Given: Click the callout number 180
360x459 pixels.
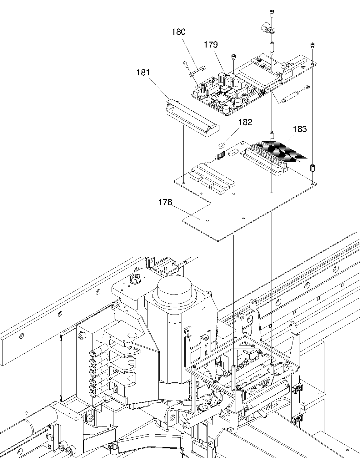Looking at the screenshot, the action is (x=178, y=32).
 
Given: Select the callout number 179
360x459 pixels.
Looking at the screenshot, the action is (x=211, y=45).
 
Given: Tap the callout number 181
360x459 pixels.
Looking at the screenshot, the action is (x=143, y=73).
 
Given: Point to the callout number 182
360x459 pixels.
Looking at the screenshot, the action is (x=245, y=122).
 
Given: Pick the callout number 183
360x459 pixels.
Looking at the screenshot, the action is (x=300, y=129).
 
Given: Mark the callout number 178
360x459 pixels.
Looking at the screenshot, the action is (x=165, y=202).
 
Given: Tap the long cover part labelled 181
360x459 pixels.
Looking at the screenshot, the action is (x=192, y=118).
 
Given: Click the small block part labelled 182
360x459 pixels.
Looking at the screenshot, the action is (x=221, y=145).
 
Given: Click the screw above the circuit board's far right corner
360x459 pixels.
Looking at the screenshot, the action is (x=312, y=46).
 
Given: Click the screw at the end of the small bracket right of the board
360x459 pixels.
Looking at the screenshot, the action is (x=307, y=87).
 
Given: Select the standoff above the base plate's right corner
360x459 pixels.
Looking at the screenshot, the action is (x=312, y=168).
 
